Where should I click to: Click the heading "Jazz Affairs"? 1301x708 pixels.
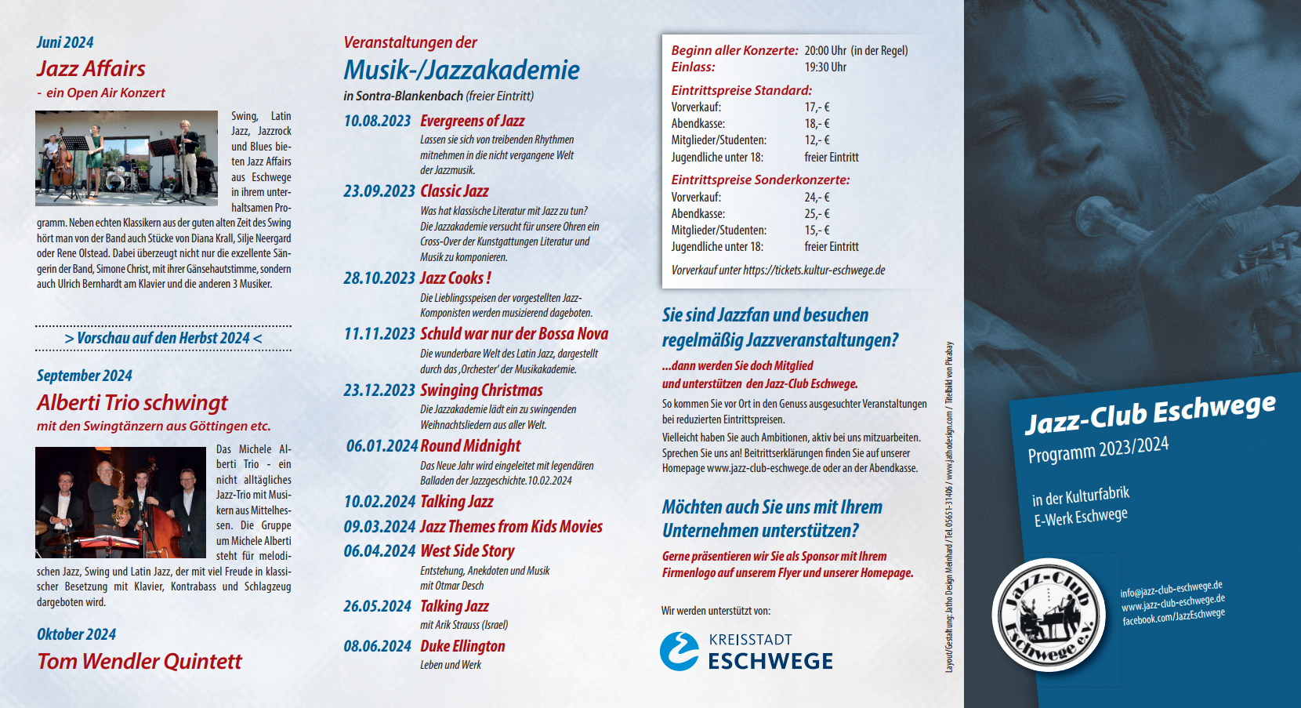[x=91, y=69]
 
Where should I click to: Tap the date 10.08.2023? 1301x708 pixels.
[x=377, y=121]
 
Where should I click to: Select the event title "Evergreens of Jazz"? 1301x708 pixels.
[x=472, y=121]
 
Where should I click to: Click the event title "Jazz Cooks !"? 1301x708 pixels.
[x=455, y=278]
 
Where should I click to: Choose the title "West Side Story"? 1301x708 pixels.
[x=467, y=551]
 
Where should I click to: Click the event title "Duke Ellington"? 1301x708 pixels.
[x=462, y=646]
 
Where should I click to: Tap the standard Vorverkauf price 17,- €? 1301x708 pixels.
[x=817, y=107]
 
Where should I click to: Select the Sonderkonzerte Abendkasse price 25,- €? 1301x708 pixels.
[x=817, y=214]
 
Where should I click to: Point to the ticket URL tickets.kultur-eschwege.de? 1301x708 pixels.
[x=814, y=270]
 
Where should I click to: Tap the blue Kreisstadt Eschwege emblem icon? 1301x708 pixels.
[x=679, y=651]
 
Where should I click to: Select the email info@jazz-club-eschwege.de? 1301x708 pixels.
[x=1171, y=589]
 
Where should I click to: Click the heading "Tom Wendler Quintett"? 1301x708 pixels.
[x=140, y=662]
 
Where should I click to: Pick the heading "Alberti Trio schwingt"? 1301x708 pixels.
[x=132, y=403]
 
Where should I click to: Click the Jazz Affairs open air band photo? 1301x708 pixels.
[x=126, y=158]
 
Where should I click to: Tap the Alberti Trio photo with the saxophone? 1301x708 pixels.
[x=120, y=503]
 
